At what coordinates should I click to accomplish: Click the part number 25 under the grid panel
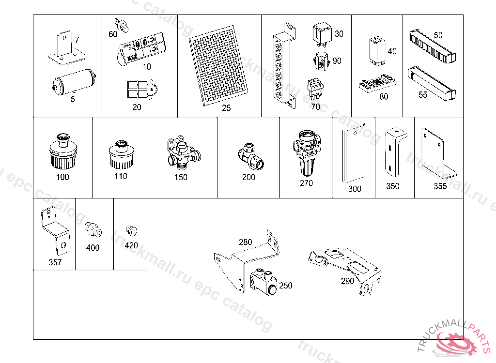226,108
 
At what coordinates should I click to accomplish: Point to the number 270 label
306,183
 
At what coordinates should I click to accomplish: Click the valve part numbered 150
181,152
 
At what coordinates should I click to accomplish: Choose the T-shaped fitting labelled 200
251,157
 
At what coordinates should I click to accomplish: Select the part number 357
55,262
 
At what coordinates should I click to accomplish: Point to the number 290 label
347,281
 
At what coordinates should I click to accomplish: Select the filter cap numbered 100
62,151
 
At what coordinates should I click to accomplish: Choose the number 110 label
121,176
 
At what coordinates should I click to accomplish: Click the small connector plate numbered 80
377,83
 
